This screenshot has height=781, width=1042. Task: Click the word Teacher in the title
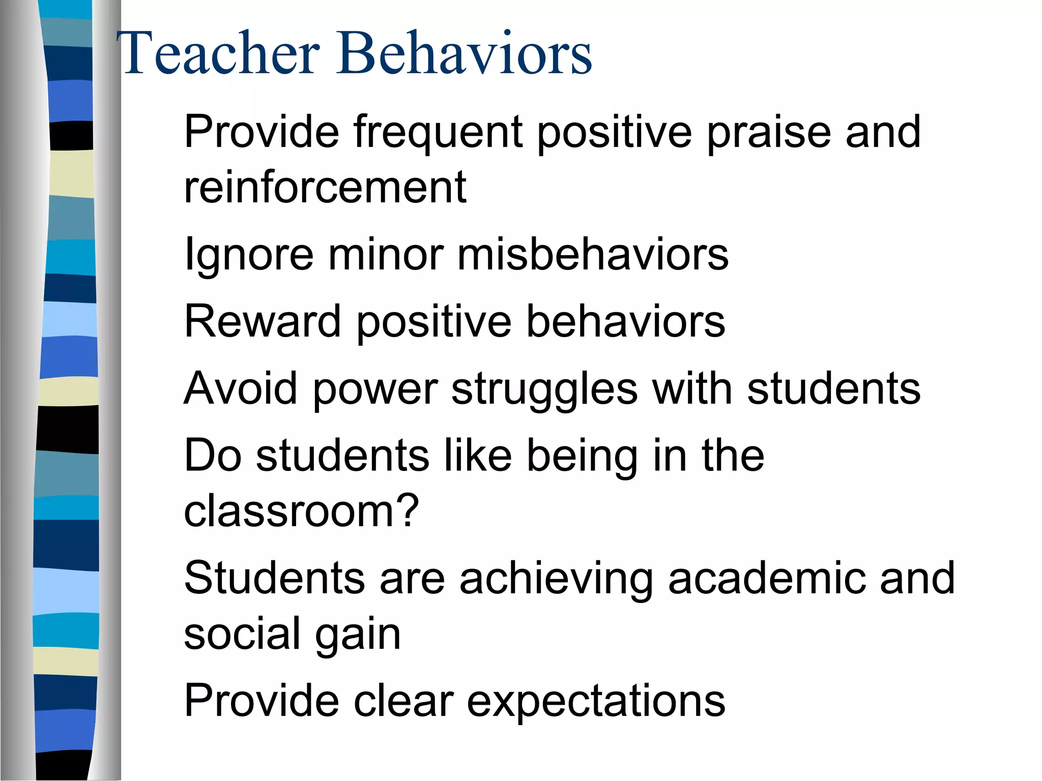(219, 53)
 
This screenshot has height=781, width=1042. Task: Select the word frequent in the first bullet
(438, 132)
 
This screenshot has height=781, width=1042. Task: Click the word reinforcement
(325, 187)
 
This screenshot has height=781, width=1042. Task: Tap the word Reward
(262, 321)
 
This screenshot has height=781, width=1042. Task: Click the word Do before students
(213, 455)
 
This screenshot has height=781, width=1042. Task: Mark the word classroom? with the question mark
(301, 510)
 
